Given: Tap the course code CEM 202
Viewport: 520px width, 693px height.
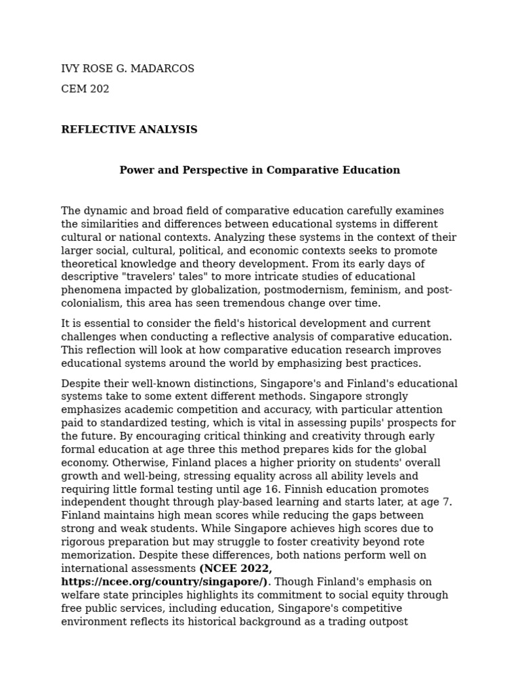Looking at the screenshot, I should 85,89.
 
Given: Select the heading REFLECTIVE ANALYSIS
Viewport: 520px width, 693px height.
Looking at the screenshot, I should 129,130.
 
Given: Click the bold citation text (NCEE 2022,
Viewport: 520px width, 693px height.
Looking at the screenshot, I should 236,569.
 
